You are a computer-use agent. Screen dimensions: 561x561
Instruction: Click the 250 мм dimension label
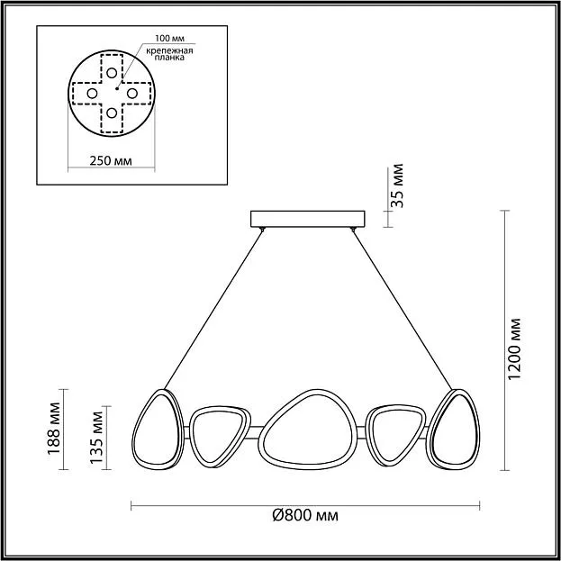click(111, 161)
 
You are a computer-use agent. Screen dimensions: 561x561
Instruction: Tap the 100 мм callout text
click(169, 39)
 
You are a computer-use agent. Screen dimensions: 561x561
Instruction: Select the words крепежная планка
click(169, 54)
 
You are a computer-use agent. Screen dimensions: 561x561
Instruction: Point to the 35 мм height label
click(397, 185)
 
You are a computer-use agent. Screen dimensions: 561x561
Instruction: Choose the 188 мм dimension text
click(54, 429)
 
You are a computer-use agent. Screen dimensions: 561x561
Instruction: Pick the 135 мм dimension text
click(96, 438)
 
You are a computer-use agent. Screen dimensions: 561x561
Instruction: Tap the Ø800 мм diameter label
click(305, 516)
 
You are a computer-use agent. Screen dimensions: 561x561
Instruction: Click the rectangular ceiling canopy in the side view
click(308, 219)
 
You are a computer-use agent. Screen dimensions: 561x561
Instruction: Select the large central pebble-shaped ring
click(308, 430)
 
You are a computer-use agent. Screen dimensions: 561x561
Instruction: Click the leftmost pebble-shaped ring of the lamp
click(158, 430)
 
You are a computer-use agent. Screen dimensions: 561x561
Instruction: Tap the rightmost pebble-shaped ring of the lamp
click(453, 430)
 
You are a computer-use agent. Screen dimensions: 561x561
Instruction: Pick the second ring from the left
click(220, 437)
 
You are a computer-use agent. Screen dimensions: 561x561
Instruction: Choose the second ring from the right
click(397, 436)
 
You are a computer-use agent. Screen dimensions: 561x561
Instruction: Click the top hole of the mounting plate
click(112, 73)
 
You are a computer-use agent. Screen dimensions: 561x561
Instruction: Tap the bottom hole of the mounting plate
click(112, 113)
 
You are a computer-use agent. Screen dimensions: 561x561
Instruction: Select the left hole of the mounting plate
click(92, 94)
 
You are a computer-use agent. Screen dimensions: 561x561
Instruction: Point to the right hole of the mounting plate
click(132, 94)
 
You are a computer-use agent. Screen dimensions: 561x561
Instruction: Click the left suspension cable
click(213, 310)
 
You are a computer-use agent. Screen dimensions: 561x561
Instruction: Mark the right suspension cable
click(403, 310)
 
